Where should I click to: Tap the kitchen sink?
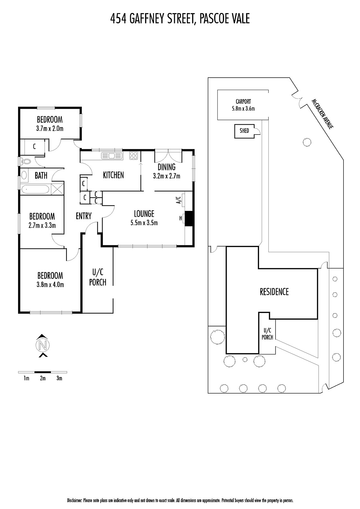tap(112, 156)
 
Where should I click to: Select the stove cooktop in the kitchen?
tap(134, 156)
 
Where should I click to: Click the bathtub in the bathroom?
tap(35, 189)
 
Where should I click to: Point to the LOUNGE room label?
tap(144, 213)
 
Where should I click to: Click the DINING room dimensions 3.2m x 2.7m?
tap(166, 176)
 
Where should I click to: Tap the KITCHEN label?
tap(113, 175)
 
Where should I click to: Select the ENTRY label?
tap(84, 216)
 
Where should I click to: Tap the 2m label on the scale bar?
tap(43, 378)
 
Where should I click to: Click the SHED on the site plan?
tap(244, 131)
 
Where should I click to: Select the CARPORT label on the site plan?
tap(243, 101)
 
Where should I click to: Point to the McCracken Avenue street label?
tap(322, 114)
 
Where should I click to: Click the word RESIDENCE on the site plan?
tap(274, 292)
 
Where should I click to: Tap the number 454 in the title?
tap(118, 18)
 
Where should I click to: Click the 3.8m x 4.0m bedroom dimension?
tap(50, 284)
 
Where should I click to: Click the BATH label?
tap(41, 175)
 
